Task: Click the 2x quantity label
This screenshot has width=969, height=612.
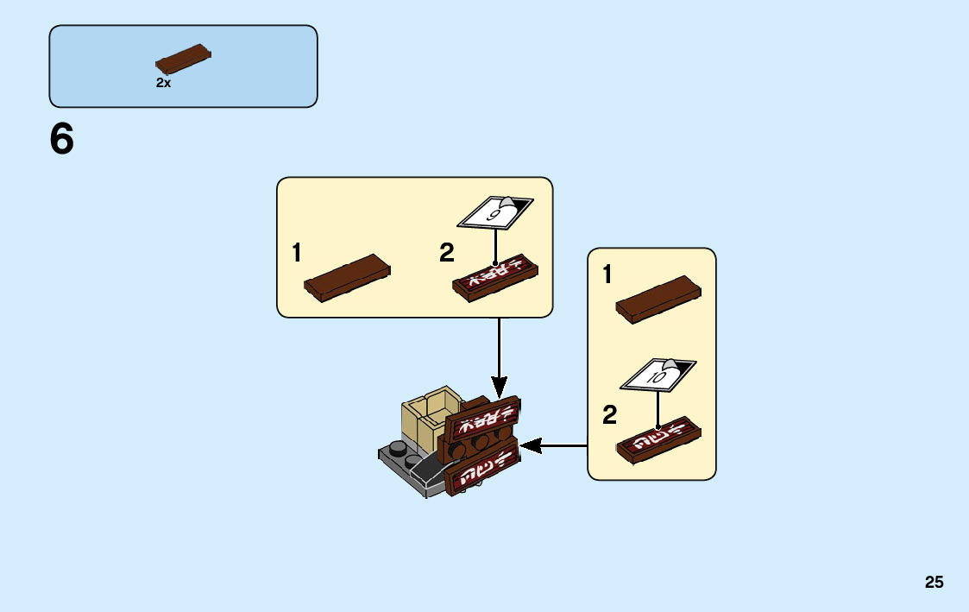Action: [x=163, y=83]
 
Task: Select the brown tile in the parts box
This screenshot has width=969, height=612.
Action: [x=183, y=59]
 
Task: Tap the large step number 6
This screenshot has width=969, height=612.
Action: [x=62, y=140]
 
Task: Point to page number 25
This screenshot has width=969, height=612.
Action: [x=934, y=582]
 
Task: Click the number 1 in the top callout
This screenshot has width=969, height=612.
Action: [x=297, y=253]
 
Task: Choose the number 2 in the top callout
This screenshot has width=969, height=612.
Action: [x=446, y=253]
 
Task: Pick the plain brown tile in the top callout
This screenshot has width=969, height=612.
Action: [x=347, y=276]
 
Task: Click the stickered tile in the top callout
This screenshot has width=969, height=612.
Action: [x=495, y=278]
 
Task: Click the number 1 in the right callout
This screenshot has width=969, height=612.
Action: [x=607, y=275]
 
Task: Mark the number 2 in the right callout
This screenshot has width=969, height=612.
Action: [x=610, y=416]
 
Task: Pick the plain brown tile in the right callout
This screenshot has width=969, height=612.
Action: [x=658, y=299]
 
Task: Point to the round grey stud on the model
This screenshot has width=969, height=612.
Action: [x=398, y=447]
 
